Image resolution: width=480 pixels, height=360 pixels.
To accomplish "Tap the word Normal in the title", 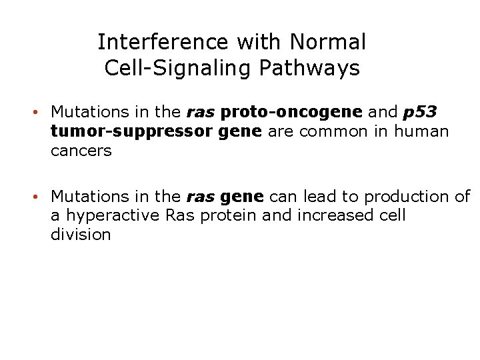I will (328, 42).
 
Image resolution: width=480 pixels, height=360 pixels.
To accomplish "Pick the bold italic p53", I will (420, 111).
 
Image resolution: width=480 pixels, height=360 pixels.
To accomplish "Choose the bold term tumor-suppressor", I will (132, 131).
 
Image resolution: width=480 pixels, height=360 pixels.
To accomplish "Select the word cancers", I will (81, 151).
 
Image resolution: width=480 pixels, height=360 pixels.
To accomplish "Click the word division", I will (81, 235).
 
